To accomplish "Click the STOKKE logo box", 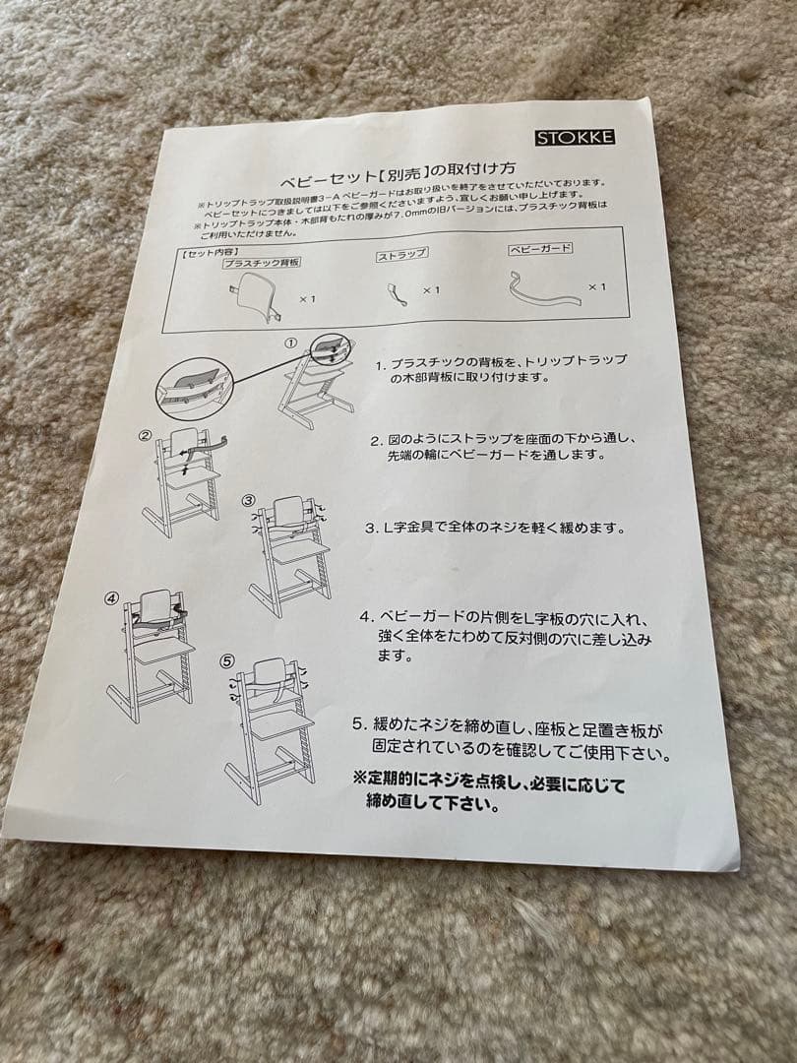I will point(589,137).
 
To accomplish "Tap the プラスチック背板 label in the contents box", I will point(261,263).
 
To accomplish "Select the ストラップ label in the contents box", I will point(402,255).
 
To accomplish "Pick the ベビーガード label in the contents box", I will point(540,249).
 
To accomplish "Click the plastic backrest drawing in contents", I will point(255,293).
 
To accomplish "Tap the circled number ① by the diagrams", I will point(291,344).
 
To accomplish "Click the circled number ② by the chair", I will point(145,434).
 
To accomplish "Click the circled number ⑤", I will point(228,661).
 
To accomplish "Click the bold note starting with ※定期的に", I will point(489,793).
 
